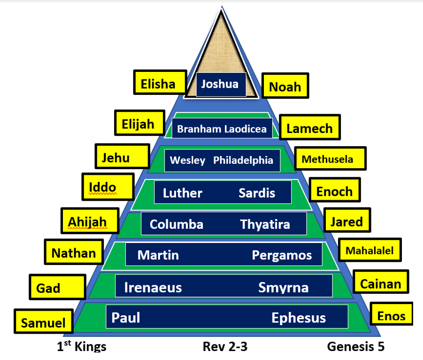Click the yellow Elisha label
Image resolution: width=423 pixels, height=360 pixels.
click(158, 84)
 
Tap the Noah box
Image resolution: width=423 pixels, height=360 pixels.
click(285, 87)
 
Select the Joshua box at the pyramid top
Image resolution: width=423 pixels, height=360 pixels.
click(221, 85)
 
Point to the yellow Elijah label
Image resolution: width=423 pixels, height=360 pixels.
click(139, 124)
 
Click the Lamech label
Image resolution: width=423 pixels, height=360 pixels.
click(309, 128)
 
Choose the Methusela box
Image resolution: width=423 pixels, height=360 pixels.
click(330, 159)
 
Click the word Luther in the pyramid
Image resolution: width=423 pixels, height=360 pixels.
click(183, 193)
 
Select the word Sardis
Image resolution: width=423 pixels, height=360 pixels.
click(257, 193)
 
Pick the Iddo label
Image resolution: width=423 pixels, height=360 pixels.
click(103, 188)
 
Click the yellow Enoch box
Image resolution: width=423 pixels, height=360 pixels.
click(334, 191)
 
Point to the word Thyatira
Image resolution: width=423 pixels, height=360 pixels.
click(265, 224)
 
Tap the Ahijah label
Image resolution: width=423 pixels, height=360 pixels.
click(87, 221)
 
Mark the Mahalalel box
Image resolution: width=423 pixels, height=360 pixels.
click(369, 250)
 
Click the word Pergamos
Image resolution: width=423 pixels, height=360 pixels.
click(282, 255)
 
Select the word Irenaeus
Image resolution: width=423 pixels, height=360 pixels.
click(153, 287)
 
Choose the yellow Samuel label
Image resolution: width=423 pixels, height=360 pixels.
click(44, 323)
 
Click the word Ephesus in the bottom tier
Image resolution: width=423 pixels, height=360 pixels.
click(299, 318)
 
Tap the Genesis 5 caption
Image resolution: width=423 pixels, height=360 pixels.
click(356, 347)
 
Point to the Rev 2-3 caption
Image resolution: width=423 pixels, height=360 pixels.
click(225, 347)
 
